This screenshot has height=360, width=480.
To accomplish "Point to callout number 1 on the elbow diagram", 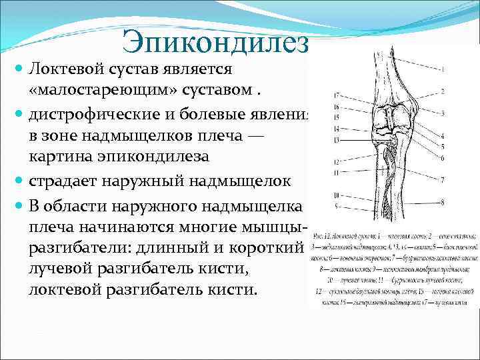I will tap(442, 69).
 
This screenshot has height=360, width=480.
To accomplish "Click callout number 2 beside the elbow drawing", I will tap(442, 91).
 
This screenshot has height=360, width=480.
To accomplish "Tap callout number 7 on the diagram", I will tap(442, 180).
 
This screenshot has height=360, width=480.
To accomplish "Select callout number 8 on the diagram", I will tap(442, 204).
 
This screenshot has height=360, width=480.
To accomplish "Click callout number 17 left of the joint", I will tap(337, 95).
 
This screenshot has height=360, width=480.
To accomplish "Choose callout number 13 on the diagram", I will tap(337, 140).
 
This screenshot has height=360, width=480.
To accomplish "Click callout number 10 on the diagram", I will tap(337, 195).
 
